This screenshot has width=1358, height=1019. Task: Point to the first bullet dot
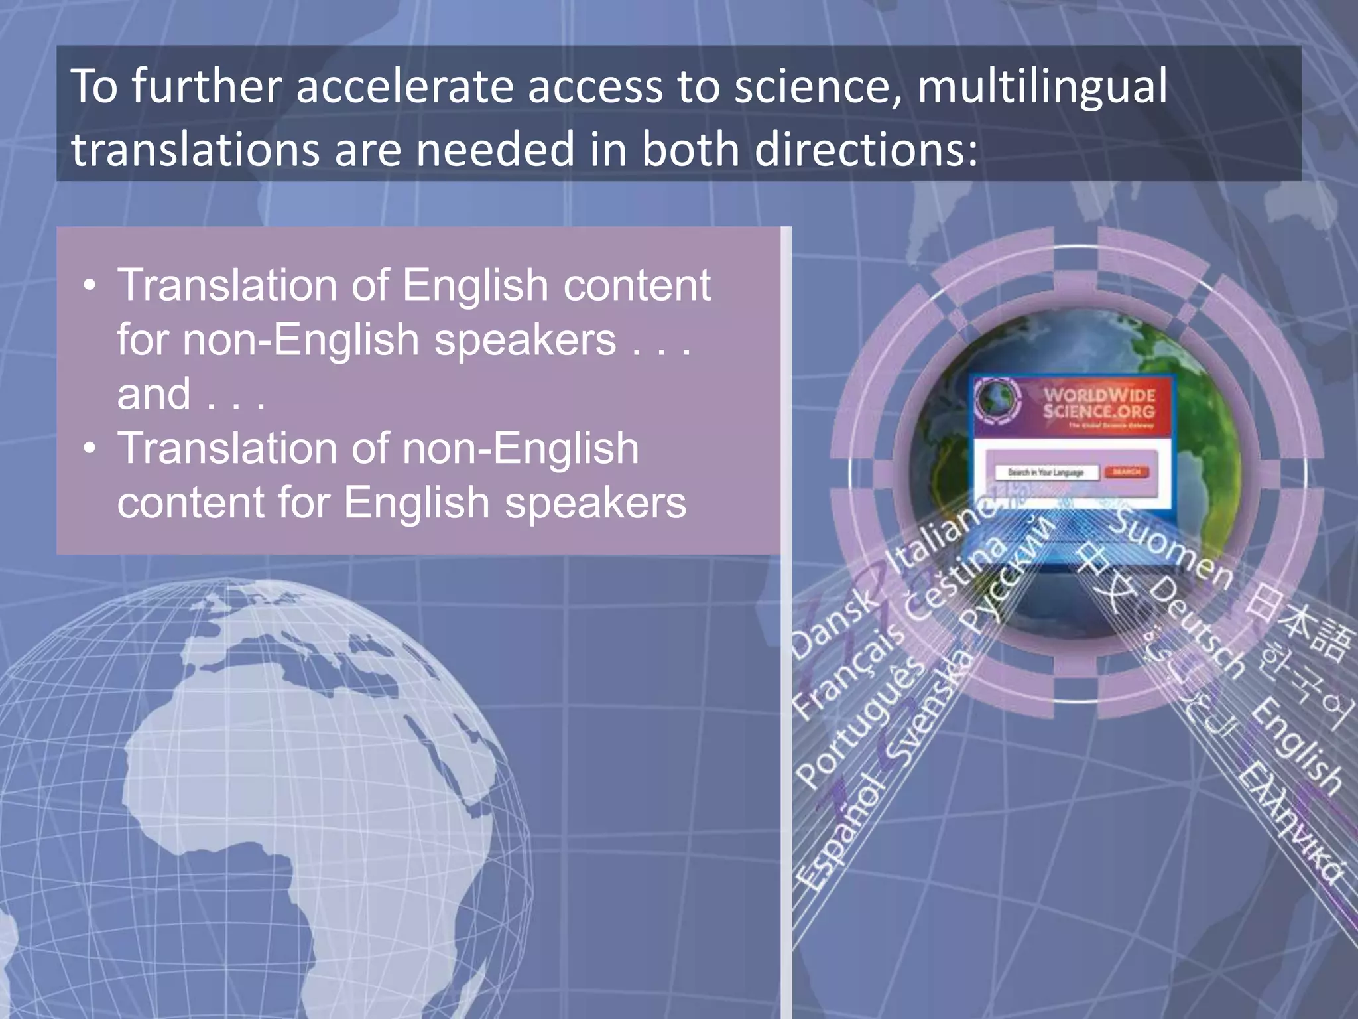coord(90,287)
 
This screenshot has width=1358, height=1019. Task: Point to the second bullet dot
coord(90,449)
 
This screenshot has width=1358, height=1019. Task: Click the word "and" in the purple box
coord(154,394)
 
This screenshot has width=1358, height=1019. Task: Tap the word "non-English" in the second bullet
coord(521,448)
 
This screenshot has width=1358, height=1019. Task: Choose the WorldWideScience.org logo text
coord(1099,403)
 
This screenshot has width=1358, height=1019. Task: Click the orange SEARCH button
coord(1127,472)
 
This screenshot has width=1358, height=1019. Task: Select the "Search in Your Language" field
coord(1046,472)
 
